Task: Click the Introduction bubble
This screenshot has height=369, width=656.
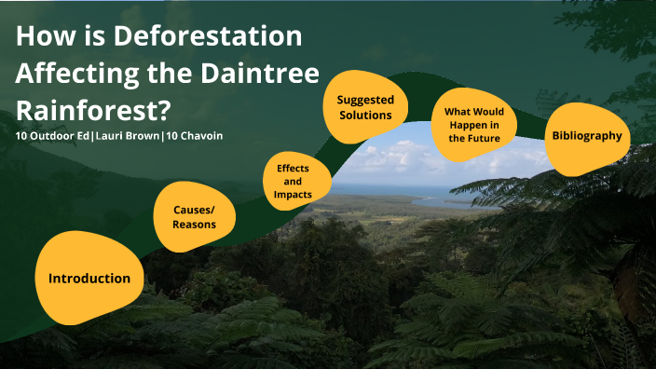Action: (89, 279)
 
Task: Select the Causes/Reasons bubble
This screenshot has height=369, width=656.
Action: (194, 217)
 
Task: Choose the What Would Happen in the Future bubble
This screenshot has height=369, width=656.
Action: (473, 125)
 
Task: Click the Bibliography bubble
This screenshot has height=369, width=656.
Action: (586, 136)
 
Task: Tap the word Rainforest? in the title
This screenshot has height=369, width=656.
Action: (93, 109)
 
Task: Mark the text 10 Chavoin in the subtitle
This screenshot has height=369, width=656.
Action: (195, 136)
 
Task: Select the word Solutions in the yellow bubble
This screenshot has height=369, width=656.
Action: (365, 116)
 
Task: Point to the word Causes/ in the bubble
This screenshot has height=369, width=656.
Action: (194, 211)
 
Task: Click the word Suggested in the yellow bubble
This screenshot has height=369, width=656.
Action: (365, 100)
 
